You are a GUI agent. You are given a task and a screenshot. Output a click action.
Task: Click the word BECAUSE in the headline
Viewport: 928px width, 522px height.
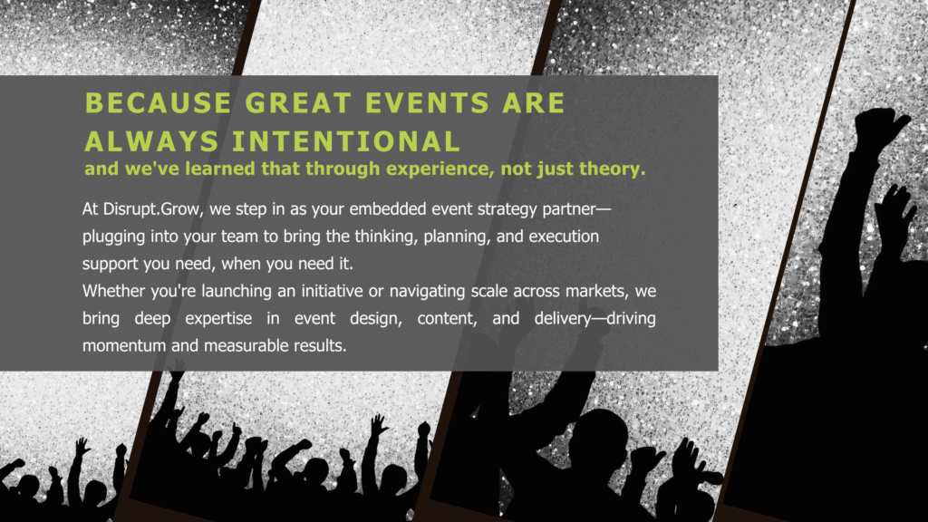pyautogui.click(x=158, y=103)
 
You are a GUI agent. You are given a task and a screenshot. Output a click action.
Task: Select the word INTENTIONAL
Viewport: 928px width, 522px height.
pyautogui.click(x=345, y=141)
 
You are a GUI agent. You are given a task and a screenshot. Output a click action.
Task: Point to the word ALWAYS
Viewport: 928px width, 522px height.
pyautogui.click(x=151, y=141)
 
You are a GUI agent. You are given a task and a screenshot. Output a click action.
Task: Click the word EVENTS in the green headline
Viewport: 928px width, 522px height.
pyautogui.click(x=428, y=103)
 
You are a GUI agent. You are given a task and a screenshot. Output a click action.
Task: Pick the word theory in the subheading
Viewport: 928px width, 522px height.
pyautogui.click(x=613, y=169)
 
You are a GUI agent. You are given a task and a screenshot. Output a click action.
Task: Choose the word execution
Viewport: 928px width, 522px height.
pyautogui.click(x=564, y=237)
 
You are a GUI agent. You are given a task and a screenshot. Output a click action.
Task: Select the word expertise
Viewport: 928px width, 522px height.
pyautogui.click(x=218, y=319)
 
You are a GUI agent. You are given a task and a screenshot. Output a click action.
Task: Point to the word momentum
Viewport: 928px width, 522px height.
pyautogui.click(x=124, y=345)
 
